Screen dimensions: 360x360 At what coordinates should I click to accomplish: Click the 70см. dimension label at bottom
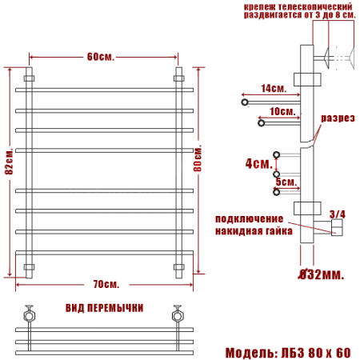tap(106, 285)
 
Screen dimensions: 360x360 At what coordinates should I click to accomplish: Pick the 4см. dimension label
tap(258, 163)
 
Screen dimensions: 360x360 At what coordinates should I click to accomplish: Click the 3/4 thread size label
tap(337, 214)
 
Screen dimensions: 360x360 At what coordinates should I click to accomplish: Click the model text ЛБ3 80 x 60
tap(315, 352)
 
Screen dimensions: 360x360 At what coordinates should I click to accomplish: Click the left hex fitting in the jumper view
tap(30, 314)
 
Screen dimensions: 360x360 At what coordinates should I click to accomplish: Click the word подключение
tap(250, 218)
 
